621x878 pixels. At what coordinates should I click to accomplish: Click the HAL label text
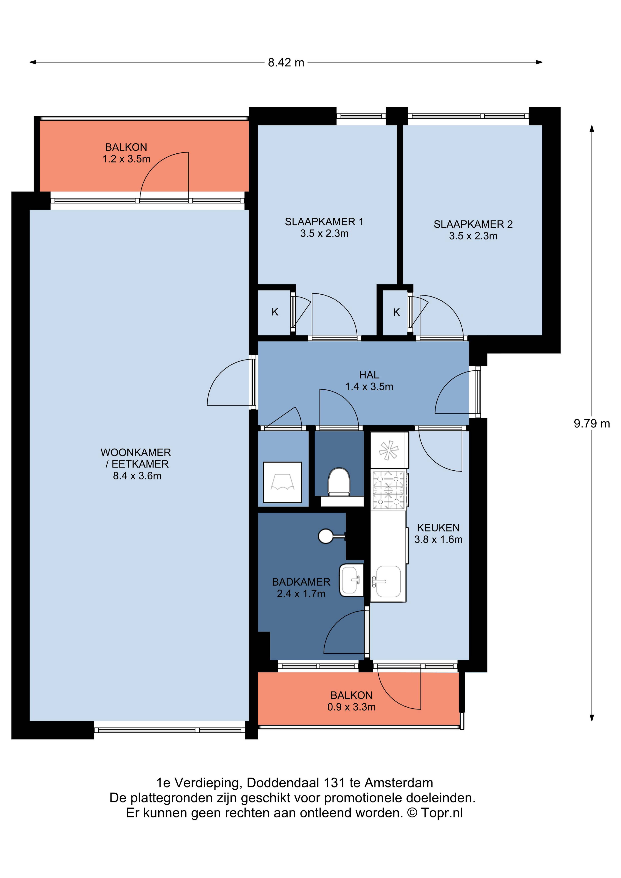(x=369, y=375)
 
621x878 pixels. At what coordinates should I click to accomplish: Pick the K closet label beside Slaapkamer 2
(x=396, y=312)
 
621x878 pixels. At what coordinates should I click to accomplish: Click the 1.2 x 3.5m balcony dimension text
(x=126, y=159)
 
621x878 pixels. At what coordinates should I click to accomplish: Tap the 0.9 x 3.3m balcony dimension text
(x=351, y=707)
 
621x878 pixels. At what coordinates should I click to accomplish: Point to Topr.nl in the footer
(x=442, y=813)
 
